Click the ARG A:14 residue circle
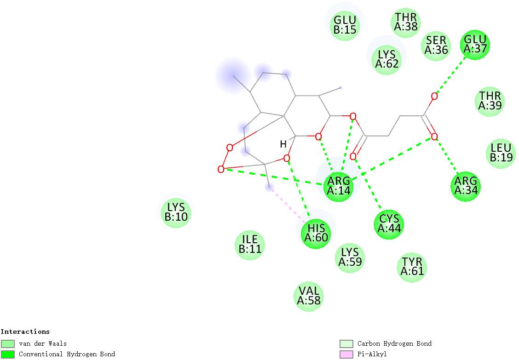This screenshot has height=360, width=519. coord(338,187)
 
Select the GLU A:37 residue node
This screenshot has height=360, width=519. coord(475,45)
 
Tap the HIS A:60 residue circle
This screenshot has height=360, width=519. coord(316,234)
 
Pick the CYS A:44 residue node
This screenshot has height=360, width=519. coord(389,225)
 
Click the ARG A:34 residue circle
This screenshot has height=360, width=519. coord(466,187)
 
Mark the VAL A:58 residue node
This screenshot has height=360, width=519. coord(308,297)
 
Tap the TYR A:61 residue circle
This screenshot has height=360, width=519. coord(412,267)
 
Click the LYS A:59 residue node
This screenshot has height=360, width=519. coord(350,257)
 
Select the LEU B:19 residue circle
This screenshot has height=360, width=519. coord(501,154)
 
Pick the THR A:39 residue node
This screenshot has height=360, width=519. coord(490,102)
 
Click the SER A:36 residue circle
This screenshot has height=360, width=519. coord(436,46)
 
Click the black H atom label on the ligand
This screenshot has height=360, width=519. coord(283,144)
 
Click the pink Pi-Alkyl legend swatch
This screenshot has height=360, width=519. coord(346,354)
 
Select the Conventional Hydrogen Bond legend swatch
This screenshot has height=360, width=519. coord(8,354)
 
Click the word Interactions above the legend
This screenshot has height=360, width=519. coord(25,331)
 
